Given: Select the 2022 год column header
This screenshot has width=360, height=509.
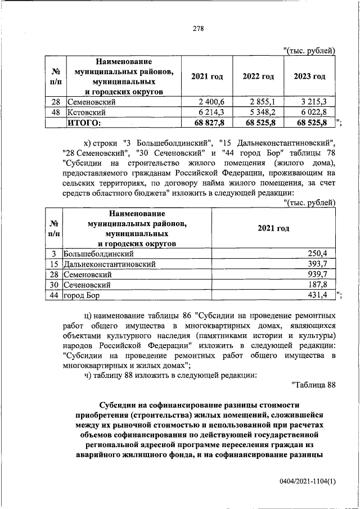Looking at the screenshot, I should click(258, 76).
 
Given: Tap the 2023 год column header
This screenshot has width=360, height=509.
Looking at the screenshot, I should click(309, 76).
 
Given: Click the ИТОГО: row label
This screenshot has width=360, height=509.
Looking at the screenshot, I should click(84, 122).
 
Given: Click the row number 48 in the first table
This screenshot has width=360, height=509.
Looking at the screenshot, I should click(56, 112).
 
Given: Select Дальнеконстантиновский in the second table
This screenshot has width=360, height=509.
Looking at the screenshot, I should click(109, 264).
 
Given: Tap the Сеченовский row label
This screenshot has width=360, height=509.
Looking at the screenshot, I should click(87, 285).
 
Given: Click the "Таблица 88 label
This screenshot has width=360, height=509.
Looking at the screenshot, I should click(313, 385).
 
